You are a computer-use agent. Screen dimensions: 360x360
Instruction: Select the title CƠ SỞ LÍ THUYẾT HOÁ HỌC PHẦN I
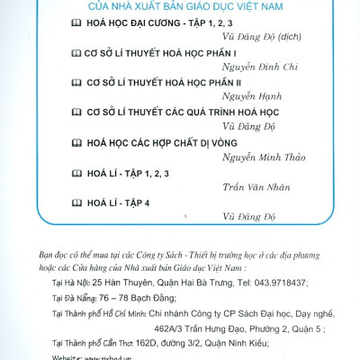click(x=153, y=54)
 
